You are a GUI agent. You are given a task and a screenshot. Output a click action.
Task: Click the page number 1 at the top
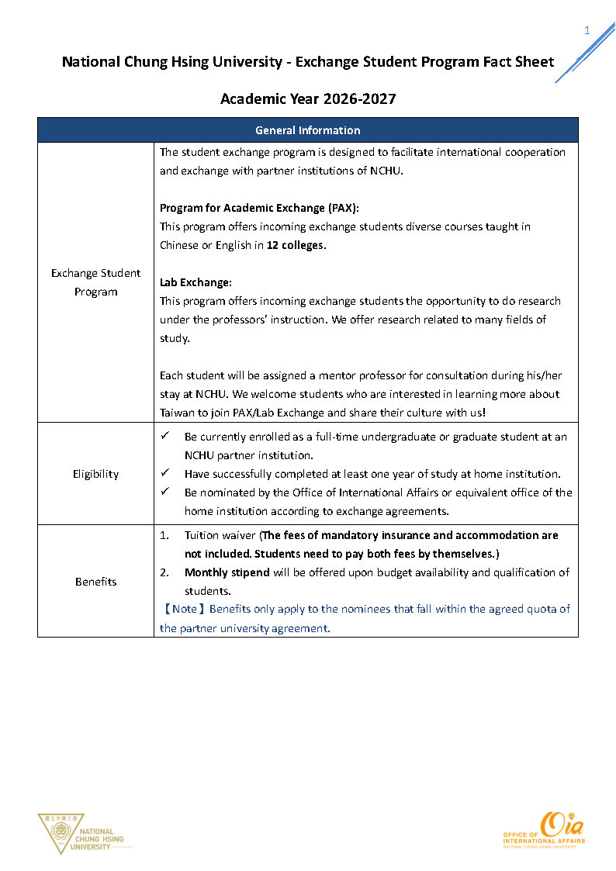[x=587, y=31]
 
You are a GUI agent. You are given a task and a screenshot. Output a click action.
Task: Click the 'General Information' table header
[x=307, y=130]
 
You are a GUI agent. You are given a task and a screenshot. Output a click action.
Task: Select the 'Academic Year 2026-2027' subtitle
[x=308, y=99]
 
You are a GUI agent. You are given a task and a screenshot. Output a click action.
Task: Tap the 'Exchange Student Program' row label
[x=95, y=282]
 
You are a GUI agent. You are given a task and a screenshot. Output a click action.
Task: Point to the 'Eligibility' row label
[x=95, y=474]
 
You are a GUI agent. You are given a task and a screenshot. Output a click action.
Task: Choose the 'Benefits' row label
[x=95, y=582]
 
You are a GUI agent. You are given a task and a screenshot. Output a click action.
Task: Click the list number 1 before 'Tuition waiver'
[x=164, y=535]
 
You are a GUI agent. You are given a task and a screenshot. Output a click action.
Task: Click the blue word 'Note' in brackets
[x=185, y=610]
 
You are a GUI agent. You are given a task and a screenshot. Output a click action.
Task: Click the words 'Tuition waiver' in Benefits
[x=220, y=535]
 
